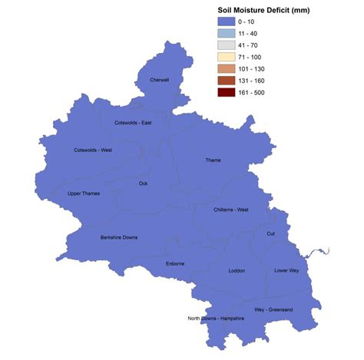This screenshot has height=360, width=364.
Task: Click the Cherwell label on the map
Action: coord(159,79)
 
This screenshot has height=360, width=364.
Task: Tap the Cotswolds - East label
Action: coord(133,123)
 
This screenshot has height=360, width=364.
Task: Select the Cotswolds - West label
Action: coord(93,150)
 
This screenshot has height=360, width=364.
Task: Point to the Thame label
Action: coord(213,160)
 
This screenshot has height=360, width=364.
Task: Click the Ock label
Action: coord(144,183)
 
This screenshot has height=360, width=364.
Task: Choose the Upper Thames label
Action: coord(84,193)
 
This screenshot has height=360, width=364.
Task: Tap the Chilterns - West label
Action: coord(231,210)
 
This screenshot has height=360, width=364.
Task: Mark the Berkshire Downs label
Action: coord(119,237)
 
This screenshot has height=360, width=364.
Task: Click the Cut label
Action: coord(271,233)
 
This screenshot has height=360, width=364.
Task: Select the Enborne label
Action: coord(175,264)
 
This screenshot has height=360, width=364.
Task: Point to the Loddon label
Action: coord(237,270)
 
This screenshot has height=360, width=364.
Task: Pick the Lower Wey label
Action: coord(287,270)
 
